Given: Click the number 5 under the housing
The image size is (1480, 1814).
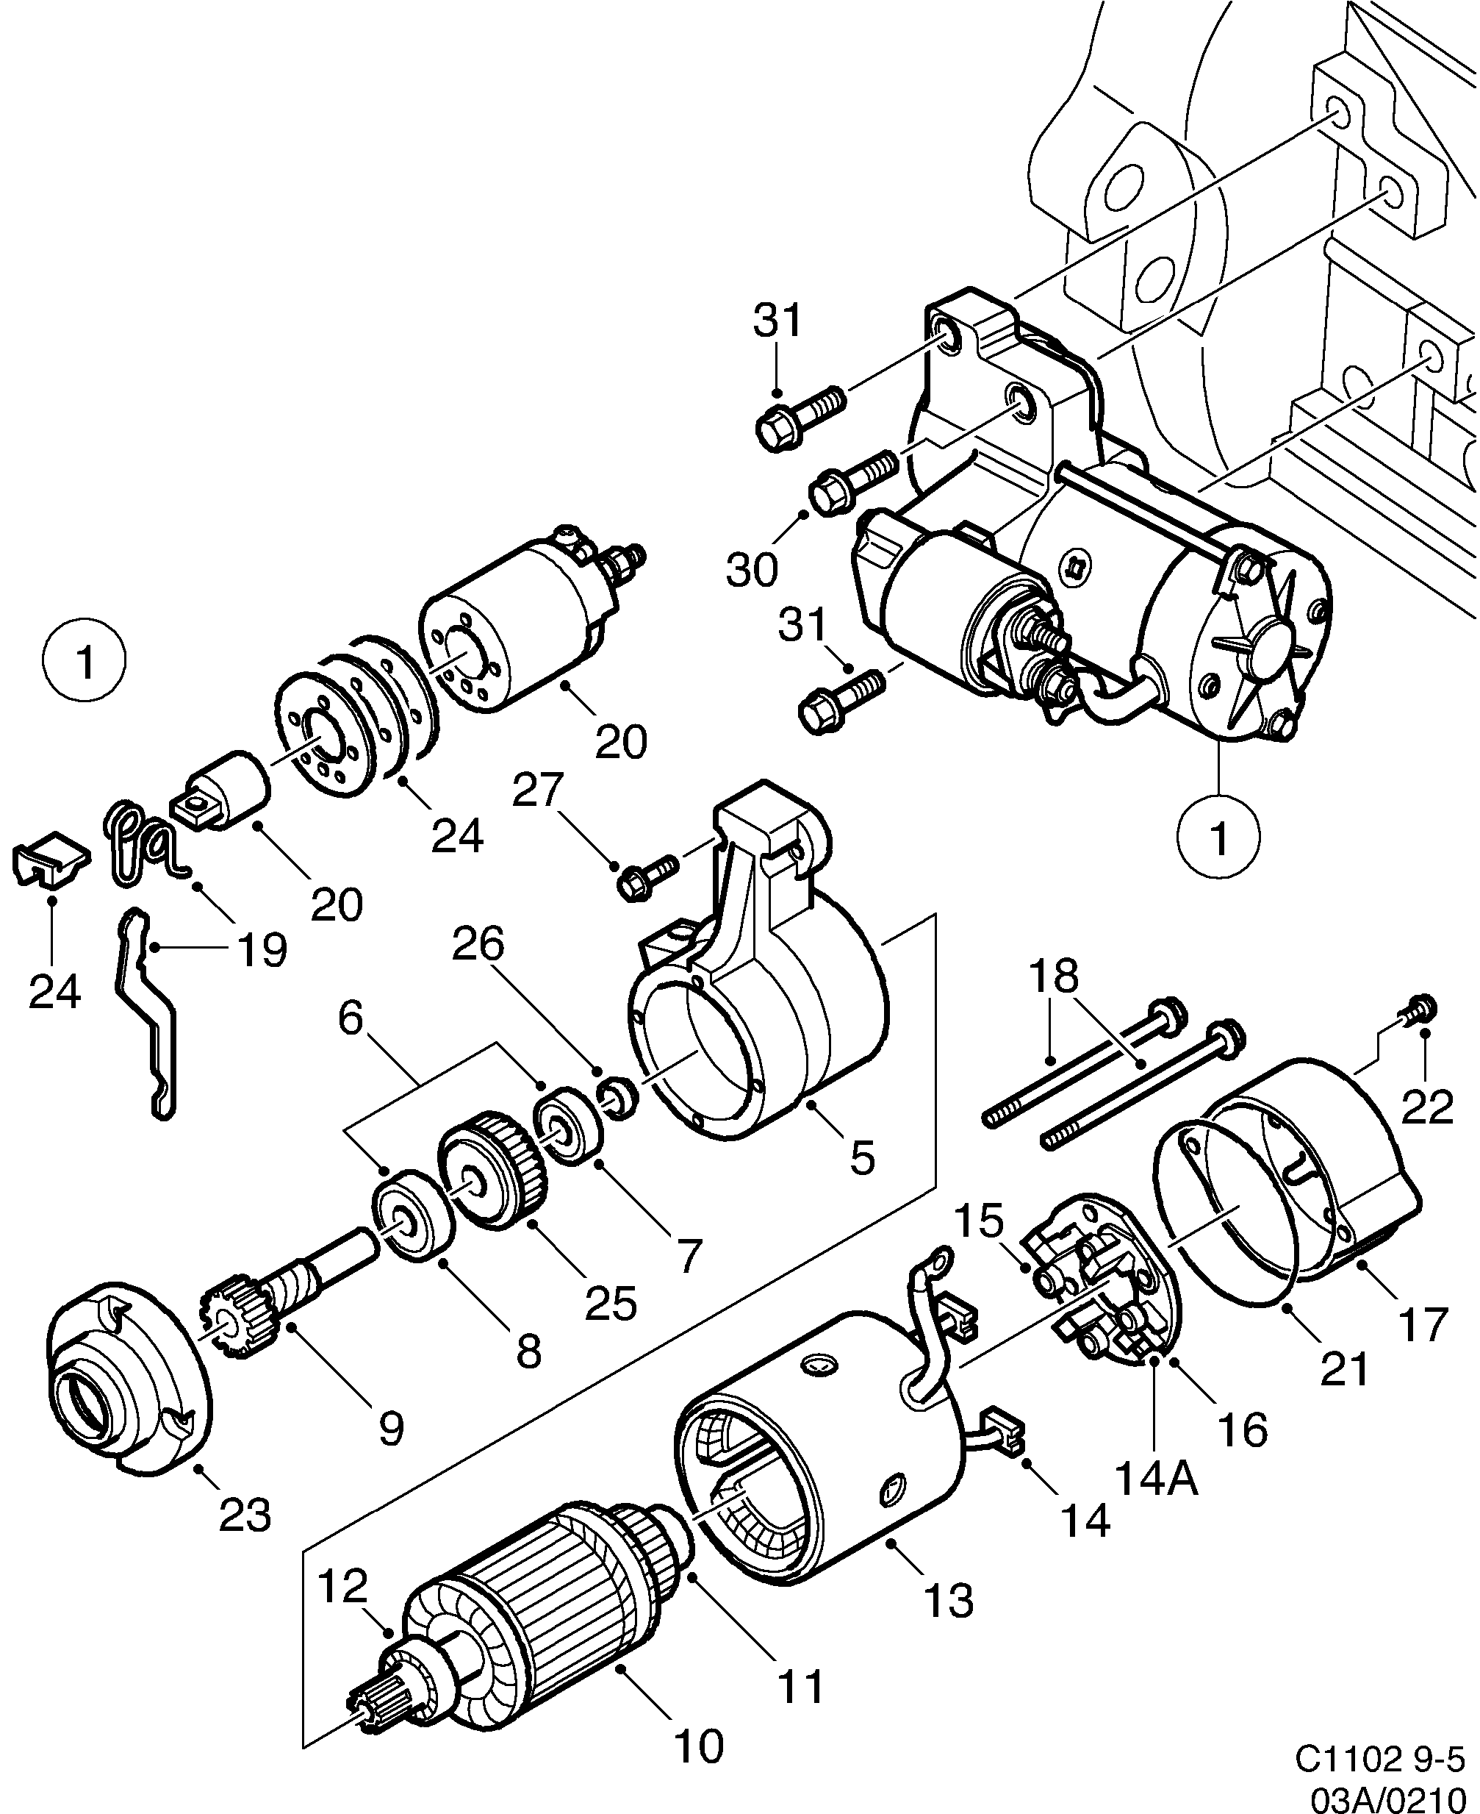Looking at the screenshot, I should [862, 1159].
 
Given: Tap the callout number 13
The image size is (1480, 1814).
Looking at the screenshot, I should [948, 1601].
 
